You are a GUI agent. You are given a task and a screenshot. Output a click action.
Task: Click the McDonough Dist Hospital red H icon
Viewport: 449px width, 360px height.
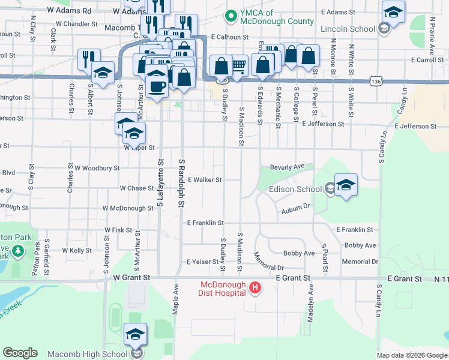[x=255, y=288]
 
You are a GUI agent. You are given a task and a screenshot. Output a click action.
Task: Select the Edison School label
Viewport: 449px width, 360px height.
[x=295, y=189]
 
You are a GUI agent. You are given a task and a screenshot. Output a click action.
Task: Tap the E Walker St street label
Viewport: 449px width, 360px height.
[x=205, y=179]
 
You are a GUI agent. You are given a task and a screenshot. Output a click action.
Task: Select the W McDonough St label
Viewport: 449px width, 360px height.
[x=128, y=208]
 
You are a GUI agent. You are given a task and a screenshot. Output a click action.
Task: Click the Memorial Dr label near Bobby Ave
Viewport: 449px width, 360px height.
[x=360, y=262]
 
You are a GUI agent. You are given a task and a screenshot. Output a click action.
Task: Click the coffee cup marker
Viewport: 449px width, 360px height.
[x=157, y=85]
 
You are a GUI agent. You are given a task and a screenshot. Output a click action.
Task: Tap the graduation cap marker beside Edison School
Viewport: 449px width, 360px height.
[x=346, y=184]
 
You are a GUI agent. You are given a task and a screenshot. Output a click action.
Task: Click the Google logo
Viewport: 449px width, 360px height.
[x=20, y=353]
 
